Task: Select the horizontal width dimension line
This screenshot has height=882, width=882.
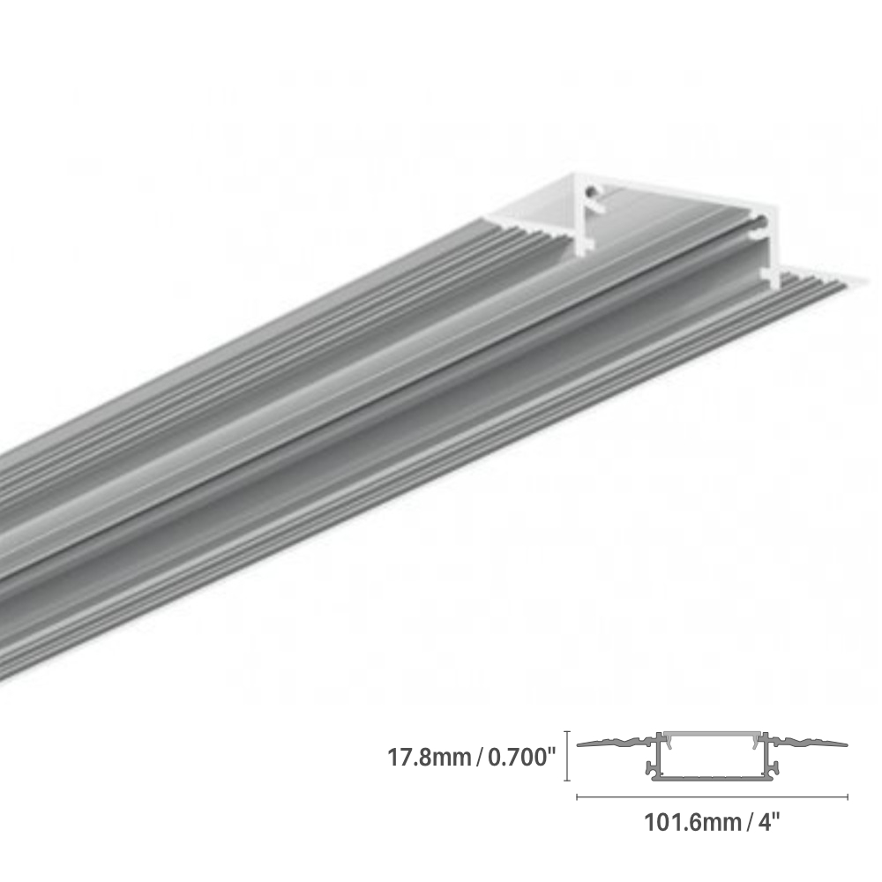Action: [x=711, y=796]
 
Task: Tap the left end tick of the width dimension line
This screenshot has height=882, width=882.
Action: [x=577, y=796]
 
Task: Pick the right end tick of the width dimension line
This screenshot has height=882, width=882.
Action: [x=848, y=796]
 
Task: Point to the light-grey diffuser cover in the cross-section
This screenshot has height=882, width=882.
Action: [x=712, y=736]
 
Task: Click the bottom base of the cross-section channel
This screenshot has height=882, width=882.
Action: [x=712, y=777]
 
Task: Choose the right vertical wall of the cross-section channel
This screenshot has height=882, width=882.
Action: [x=769, y=759]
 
